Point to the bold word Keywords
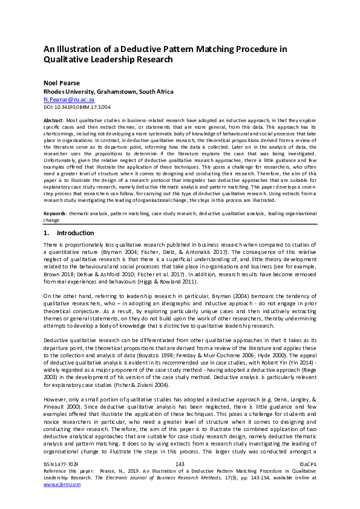55,214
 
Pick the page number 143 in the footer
179,481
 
